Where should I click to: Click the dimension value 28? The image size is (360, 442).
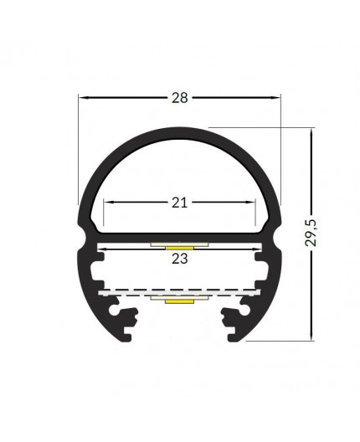177,97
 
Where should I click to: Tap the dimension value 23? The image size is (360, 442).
180,260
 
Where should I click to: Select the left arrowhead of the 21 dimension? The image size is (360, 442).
108,202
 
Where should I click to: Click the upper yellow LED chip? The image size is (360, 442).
178,248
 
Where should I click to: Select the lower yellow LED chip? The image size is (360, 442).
178,300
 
